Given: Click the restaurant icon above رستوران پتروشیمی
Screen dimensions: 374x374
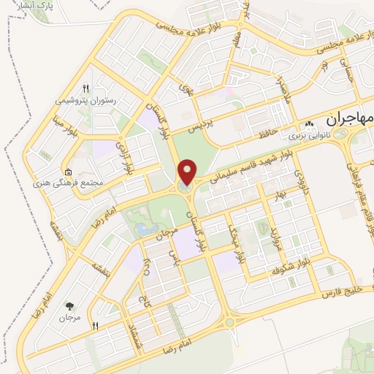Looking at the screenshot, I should [86, 88].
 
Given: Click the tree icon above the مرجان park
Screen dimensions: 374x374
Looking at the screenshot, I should [70, 307].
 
